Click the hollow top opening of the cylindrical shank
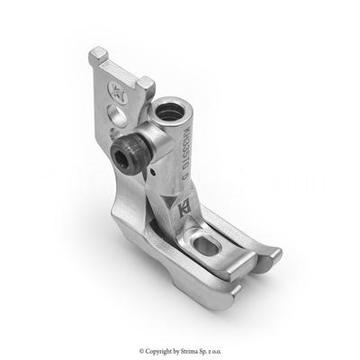point(170,113)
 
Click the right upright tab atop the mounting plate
point(145,85)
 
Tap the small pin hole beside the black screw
point(155,167)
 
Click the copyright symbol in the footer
point(141,350)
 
